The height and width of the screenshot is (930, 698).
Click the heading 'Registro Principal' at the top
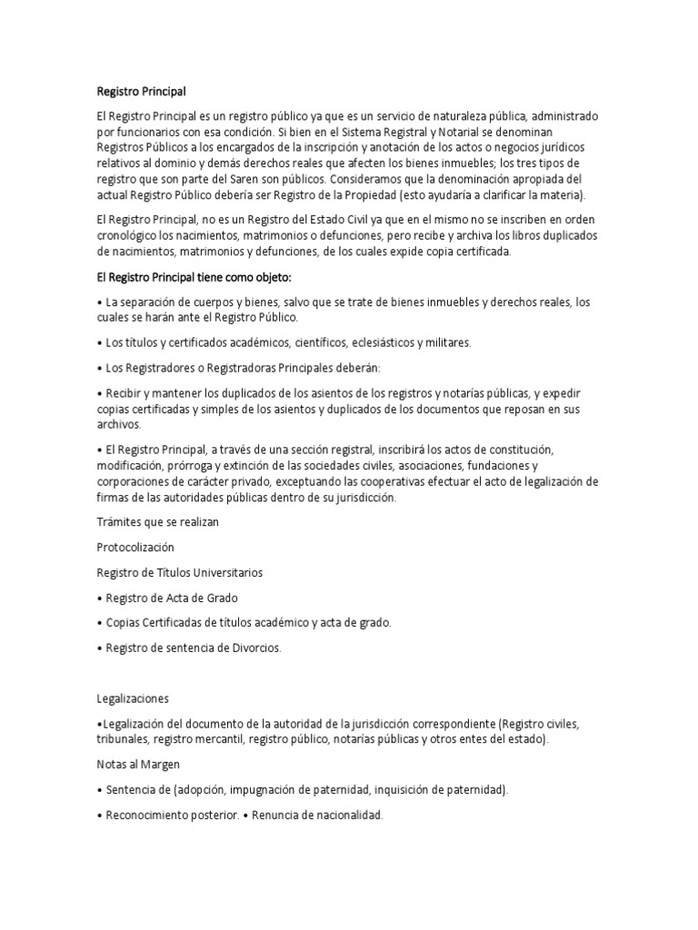(x=141, y=91)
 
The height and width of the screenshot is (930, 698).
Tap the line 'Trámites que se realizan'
(x=158, y=522)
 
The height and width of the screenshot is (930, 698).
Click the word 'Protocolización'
(x=135, y=548)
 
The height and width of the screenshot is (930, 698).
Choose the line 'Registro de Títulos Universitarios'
(x=180, y=573)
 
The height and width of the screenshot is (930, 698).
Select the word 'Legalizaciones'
(x=133, y=698)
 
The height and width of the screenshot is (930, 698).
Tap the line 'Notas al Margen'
(x=138, y=765)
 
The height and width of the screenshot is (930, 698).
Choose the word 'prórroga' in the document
(x=184, y=467)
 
